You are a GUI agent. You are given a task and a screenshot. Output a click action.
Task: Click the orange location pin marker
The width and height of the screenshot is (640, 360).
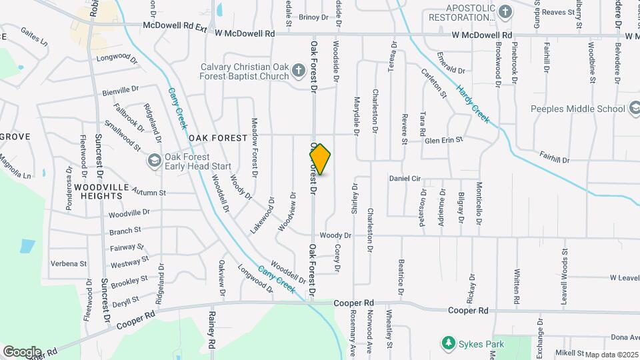coord(320,159)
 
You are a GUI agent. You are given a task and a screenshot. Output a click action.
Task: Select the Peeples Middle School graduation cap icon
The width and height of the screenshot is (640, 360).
coord(635,109)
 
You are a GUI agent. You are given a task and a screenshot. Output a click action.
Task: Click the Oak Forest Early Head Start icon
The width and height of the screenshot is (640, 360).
coord(155,161)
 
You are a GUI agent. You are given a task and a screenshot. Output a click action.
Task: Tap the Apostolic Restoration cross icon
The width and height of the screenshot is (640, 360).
coord(505,11)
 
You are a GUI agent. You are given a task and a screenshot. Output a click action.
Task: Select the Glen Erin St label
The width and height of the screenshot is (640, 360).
coord(444,139)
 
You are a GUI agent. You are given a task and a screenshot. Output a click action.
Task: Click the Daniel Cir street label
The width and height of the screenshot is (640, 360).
coord(405,179)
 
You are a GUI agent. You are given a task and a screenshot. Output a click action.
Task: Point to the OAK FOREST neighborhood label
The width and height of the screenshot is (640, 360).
coord(218,138)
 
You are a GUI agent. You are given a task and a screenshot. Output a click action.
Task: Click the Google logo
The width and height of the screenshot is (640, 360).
coord(22,351)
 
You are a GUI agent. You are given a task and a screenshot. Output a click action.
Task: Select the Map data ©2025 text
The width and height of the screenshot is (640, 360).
coord(611,355)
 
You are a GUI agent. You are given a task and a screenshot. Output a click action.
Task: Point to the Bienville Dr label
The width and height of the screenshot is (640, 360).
coord(121,88)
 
